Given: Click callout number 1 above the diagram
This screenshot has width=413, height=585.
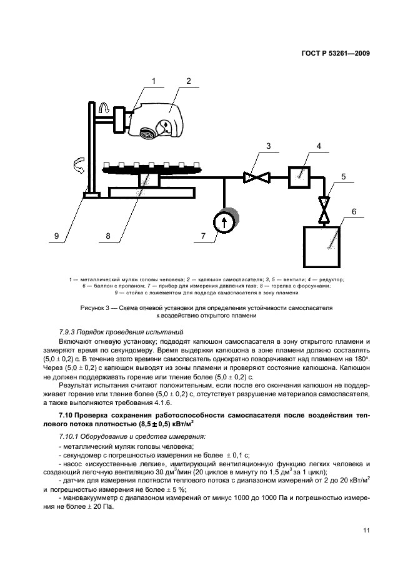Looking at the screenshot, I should (x=153, y=80).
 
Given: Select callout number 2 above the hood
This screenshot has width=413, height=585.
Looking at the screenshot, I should (x=188, y=80).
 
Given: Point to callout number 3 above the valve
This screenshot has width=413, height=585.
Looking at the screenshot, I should (x=268, y=146).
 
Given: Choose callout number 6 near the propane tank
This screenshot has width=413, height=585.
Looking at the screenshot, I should (x=354, y=211).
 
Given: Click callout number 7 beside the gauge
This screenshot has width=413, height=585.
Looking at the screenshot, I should (x=202, y=236).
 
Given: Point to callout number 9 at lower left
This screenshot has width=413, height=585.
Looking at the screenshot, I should (x=56, y=236).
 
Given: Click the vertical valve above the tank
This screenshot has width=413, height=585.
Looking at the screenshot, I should (x=324, y=209).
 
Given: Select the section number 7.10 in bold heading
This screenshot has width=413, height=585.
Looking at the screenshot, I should (x=66, y=416).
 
